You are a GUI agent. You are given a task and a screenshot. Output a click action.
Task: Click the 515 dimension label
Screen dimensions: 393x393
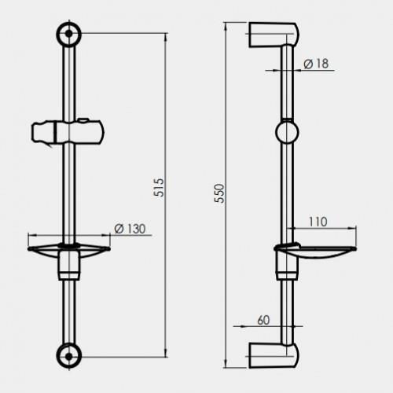(x=159, y=188)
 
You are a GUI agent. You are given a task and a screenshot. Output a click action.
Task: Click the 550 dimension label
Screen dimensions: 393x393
(x=219, y=193)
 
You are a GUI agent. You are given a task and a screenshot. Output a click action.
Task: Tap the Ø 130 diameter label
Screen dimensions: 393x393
(x=130, y=229)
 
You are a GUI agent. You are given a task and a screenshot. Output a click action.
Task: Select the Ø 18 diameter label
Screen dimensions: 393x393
(x=316, y=64)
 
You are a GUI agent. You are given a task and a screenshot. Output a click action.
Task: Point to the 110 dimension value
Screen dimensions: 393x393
(x=318, y=222)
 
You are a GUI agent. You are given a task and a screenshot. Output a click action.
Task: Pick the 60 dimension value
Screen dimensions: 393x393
(x=263, y=320)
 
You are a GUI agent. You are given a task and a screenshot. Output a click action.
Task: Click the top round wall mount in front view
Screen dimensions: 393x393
(x=69, y=34)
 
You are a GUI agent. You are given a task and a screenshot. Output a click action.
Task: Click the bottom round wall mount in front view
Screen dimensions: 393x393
(x=69, y=356)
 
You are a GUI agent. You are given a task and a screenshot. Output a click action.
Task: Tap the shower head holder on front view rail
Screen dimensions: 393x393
(x=68, y=132)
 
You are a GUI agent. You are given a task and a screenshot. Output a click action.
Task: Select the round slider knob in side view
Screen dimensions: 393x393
(x=287, y=132)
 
